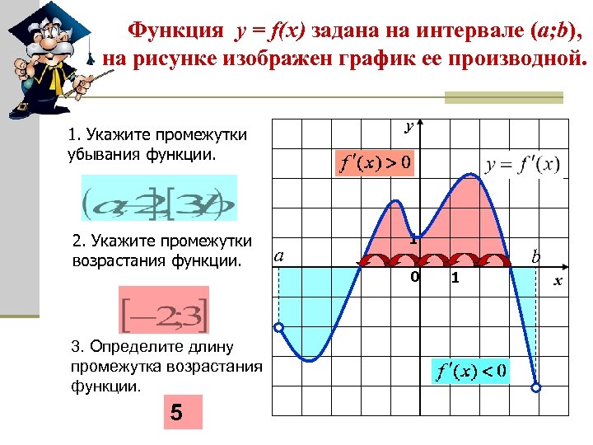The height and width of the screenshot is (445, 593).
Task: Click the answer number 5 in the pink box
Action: [176, 412]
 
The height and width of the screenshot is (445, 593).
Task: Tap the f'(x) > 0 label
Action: [375, 162]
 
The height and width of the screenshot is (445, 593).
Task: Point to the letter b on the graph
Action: [536, 258]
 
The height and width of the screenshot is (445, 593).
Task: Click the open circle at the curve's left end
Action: [278, 328]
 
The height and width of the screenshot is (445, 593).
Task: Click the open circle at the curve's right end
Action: [537, 387]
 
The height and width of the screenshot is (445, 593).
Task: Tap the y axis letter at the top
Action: [409, 126]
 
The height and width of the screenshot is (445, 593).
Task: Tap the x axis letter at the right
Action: [558, 281]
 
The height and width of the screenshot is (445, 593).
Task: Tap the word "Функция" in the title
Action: [175, 31]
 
